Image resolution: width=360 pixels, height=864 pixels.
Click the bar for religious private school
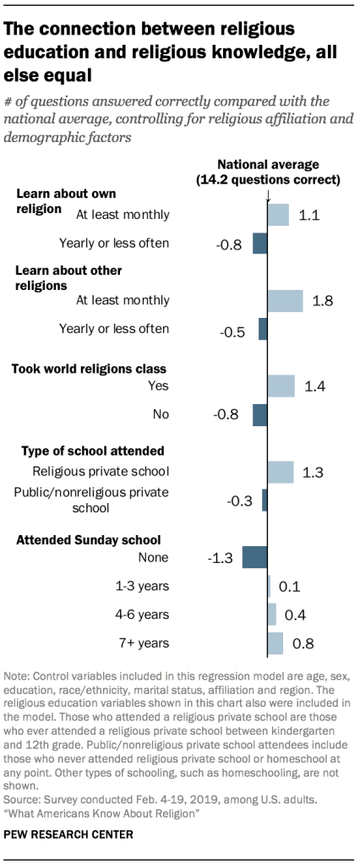(281, 472)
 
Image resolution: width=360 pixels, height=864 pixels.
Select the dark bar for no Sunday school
(254, 557)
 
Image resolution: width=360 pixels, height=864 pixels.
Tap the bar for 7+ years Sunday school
(275, 643)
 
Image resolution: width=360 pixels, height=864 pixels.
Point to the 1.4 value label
(315, 386)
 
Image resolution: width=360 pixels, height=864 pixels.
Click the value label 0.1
(290, 586)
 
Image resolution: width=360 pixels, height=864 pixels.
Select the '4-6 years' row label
(144, 615)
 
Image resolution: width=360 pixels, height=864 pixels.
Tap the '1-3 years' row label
(144, 586)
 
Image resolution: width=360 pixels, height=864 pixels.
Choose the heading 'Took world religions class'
(88, 369)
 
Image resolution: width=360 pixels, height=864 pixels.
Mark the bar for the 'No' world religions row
(259, 414)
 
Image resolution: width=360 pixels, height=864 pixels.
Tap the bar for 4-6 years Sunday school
(272, 615)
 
